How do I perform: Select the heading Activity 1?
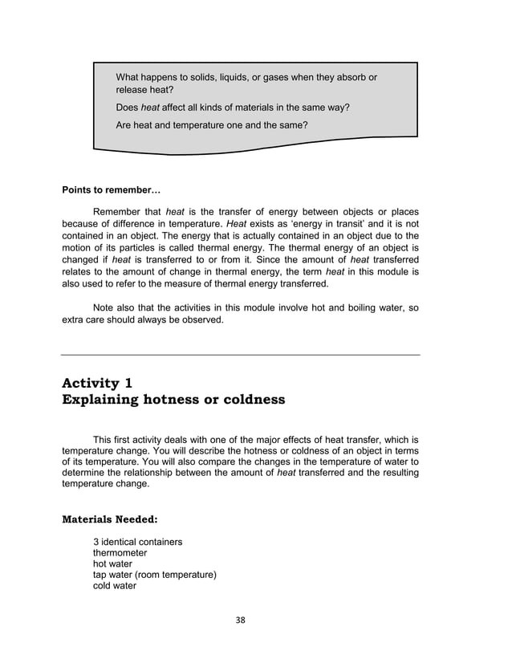click(97, 382)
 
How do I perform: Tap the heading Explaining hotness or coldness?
click(173, 399)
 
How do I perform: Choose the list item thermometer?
click(120, 553)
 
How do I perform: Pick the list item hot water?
click(112, 564)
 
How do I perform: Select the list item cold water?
click(115, 586)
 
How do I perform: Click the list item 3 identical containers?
click(137, 542)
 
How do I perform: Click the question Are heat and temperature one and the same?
click(212, 125)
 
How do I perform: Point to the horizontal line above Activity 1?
click(241, 354)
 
